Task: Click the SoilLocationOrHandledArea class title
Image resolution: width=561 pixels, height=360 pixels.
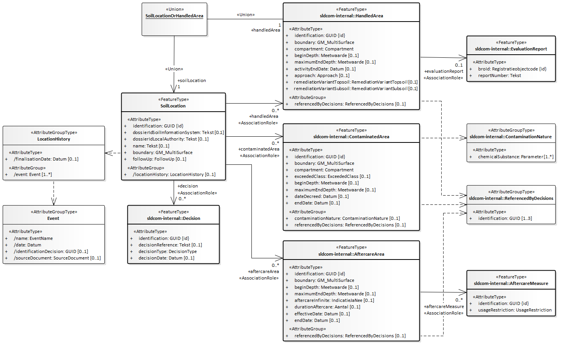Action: [x=174, y=16]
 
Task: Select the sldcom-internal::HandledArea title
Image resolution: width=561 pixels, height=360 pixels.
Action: [x=351, y=16]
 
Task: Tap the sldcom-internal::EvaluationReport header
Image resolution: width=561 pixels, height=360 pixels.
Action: [x=511, y=49]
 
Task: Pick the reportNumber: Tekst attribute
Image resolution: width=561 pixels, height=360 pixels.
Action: [x=499, y=75]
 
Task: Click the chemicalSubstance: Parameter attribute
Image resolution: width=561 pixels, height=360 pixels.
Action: [x=516, y=157]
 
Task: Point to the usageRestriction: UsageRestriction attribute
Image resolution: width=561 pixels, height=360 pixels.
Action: [x=515, y=310]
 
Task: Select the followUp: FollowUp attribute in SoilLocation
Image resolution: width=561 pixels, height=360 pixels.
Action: [x=159, y=159]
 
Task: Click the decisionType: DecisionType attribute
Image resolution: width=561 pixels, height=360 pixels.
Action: [x=167, y=251]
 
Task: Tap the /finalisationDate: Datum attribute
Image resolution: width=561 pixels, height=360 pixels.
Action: [x=46, y=159]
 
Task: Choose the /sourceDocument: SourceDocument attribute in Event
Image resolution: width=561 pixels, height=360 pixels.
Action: [x=57, y=258]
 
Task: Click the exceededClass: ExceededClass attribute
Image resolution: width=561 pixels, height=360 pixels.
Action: [x=332, y=176]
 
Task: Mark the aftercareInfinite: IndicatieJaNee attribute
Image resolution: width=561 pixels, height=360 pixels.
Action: [x=334, y=300]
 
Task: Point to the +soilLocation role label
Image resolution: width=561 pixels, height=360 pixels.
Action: [x=192, y=80]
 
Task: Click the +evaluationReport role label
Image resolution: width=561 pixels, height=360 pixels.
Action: [x=444, y=71]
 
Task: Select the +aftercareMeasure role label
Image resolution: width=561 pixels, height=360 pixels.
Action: [x=444, y=306]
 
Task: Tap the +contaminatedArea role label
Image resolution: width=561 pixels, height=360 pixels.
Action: [x=259, y=149]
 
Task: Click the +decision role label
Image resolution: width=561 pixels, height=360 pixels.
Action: [x=188, y=186]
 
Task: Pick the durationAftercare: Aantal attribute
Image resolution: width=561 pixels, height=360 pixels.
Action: [x=327, y=307]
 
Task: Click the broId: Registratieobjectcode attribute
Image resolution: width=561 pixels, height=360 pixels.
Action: [x=512, y=69]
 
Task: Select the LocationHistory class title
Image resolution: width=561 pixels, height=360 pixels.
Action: [x=54, y=139]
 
